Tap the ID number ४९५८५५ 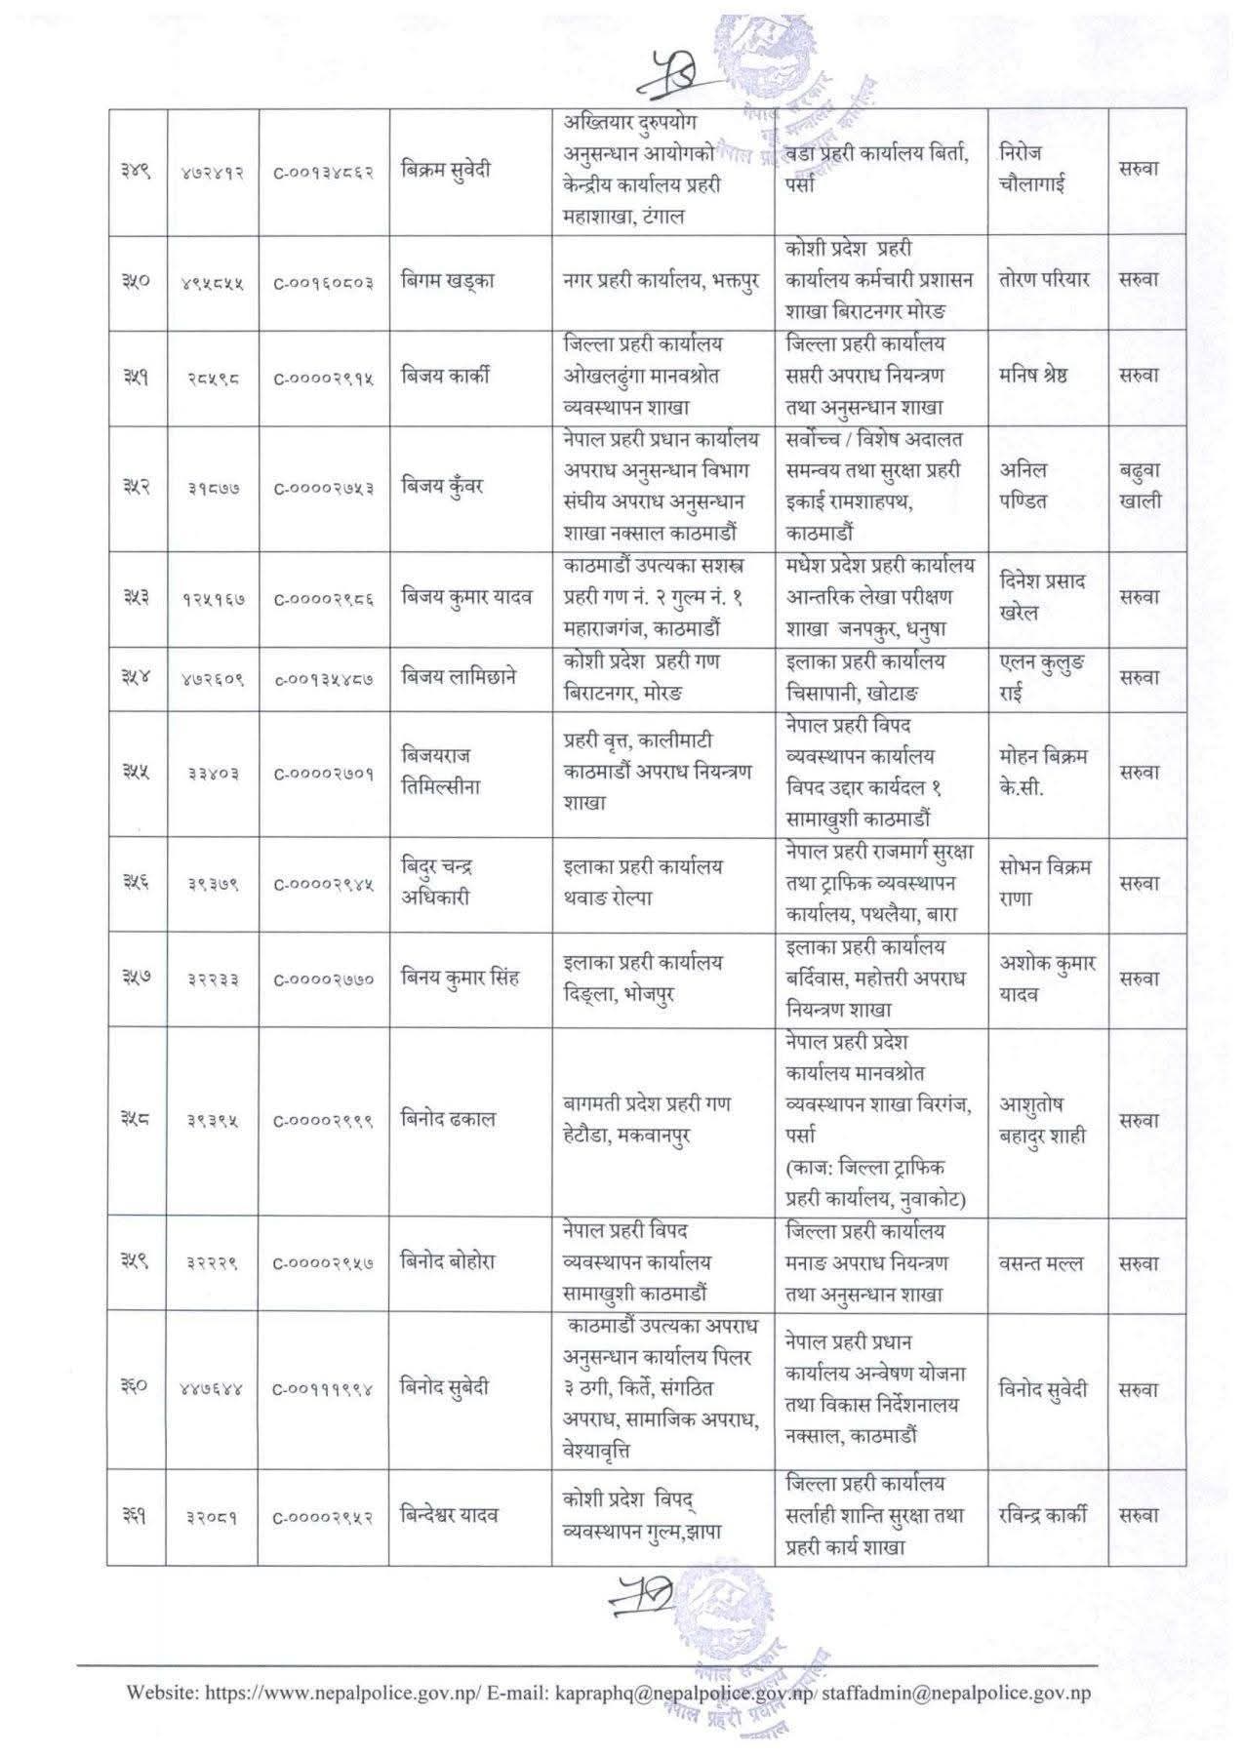coord(212,281)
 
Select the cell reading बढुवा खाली coord(1140,487)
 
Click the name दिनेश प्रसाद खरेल coord(1043,597)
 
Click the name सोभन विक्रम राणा coord(1045,882)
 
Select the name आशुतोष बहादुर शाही coord(1043,1119)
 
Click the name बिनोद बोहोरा coord(448,1261)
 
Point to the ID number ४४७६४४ coord(212,1388)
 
